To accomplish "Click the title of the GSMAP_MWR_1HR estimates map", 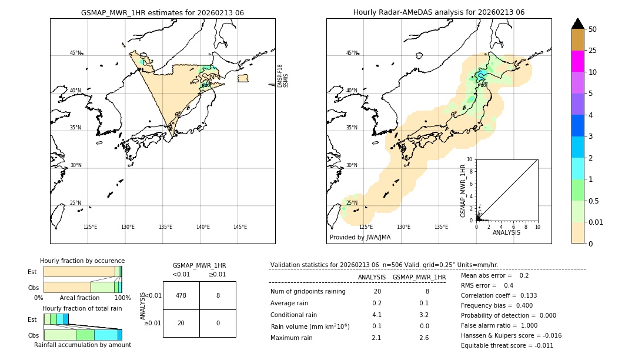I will pyautogui.click(x=162, y=12).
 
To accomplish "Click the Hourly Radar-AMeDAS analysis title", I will pyautogui.click(x=439, y=12).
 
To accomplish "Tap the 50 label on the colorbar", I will pyautogui.click(x=593, y=29).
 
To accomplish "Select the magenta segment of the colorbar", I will pyautogui.click(x=577, y=61).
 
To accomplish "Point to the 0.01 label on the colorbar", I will pyautogui.click(x=597, y=222).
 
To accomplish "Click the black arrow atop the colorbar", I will pyautogui.click(x=577, y=24).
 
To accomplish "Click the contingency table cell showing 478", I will pyautogui.click(x=181, y=295).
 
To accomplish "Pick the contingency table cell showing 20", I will pyautogui.click(x=181, y=323).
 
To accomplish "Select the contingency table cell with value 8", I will pyautogui.click(x=218, y=295).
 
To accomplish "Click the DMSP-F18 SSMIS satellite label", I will pyautogui.click(x=283, y=76).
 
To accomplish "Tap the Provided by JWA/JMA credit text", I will pyautogui.click(x=360, y=238).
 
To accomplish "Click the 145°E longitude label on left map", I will pyautogui.click(x=240, y=227).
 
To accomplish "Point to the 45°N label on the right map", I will pyautogui.click(x=351, y=53).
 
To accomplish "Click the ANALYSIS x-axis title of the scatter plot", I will pyautogui.click(x=506, y=233).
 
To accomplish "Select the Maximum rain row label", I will pyautogui.click(x=295, y=338).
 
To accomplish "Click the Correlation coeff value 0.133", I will pyautogui.click(x=526, y=295).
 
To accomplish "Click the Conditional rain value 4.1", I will pyautogui.click(x=377, y=315).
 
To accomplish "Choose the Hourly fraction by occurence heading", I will pyautogui.click(x=82, y=261).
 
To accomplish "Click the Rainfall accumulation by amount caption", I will pyautogui.click(x=82, y=345).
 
